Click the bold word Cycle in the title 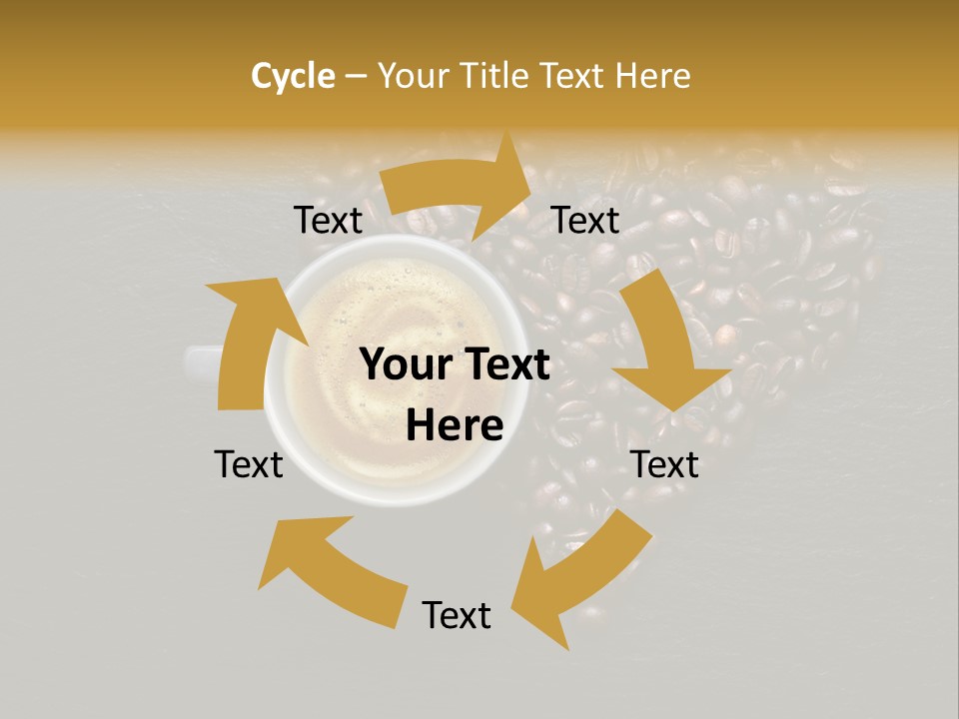click(x=293, y=76)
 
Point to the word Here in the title click(x=653, y=76)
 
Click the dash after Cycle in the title click(x=356, y=77)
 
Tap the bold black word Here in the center click(x=455, y=425)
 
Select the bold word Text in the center click(x=504, y=365)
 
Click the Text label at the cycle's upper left click(x=328, y=221)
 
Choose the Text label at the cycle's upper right click(x=585, y=221)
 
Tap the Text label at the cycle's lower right click(x=665, y=464)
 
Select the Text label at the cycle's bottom click(x=457, y=615)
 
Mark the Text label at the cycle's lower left click(x=249, y=464)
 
